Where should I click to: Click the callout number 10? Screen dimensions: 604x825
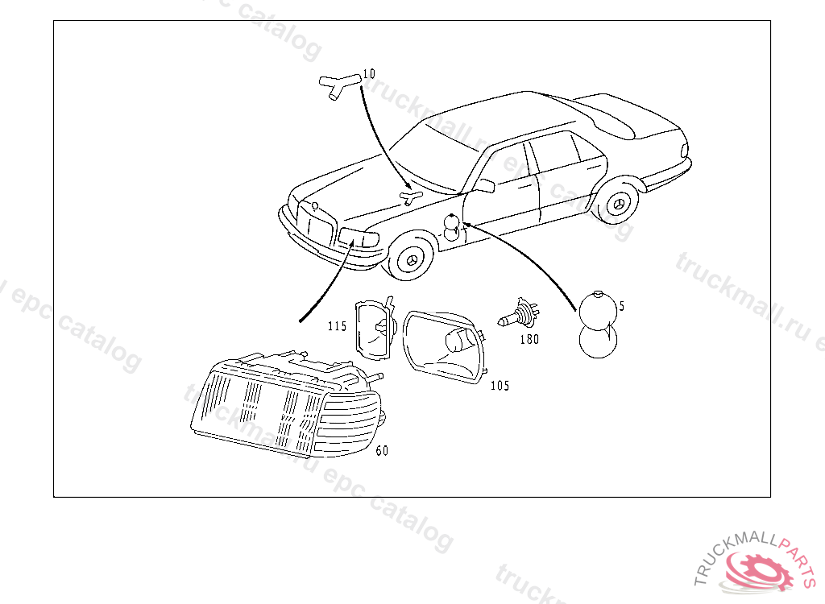(369, 74)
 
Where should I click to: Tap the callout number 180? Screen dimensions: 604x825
(529, 339)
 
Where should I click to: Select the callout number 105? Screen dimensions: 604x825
(500, 386)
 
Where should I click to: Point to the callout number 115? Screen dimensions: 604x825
(337, 326)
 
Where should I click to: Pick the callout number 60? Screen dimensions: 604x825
(382, 451)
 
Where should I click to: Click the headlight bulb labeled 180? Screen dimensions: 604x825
(516, 314)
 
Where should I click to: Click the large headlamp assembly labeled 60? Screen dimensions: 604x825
(286, 403)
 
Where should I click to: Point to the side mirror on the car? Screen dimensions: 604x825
(483, 186)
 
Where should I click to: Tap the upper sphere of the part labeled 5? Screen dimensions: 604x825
(598, 308)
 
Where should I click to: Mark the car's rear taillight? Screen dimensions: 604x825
(685, 151)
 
